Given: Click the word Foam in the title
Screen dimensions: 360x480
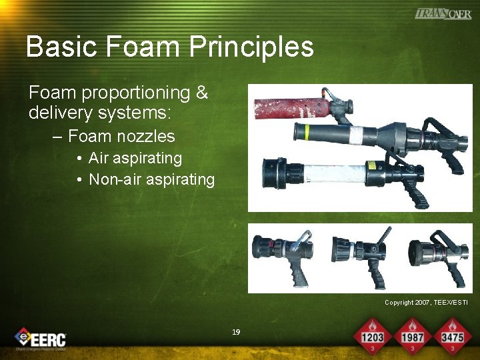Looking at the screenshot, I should tap(142, 47).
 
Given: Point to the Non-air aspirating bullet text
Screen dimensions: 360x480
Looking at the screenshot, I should tap(151, 179).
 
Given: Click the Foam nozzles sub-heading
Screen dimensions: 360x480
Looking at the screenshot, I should tap(121, 137).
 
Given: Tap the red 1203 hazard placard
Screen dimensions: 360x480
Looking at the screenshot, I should tap(373, 333).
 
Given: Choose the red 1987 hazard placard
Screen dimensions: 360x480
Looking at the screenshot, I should tap(412, 333).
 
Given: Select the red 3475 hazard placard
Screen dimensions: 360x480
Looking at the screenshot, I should tap(452, 333).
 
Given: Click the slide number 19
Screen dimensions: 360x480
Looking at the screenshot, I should tap(235, 332).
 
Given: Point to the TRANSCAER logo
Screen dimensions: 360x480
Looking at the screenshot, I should tap(443, 13).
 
